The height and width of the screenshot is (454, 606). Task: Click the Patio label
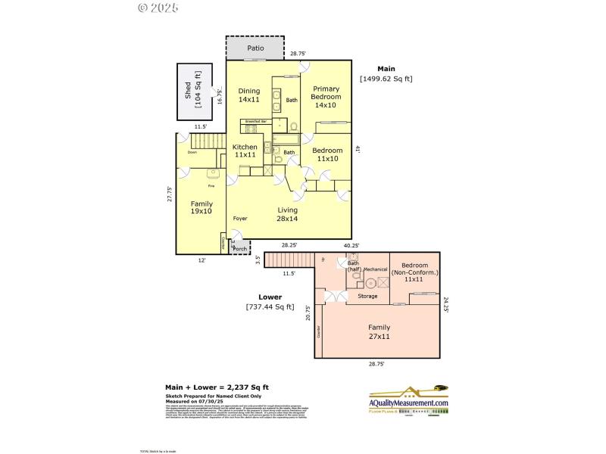pyautogui.click(x=255, y=48)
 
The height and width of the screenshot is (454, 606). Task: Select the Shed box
pyautogui.click(x=193, y=91)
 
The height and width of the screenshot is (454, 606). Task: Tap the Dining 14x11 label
pyautogui.click(x=249, y=95)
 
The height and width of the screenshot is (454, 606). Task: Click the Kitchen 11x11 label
pyautogui.click(x=245, y=151)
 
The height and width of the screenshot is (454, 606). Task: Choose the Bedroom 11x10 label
pyautogui.click(x=327, y=154)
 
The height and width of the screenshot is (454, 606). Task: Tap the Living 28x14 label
pyautogui.click(x=287, y=214)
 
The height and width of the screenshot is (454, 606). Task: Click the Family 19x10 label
pyautogui.click(x=201, y=207)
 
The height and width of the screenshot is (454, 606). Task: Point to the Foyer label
pyautogui.click(x=240, y=219)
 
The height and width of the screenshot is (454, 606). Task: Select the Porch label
pyautogui.click(x=239, y=248)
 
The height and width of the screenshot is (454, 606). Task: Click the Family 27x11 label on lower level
pyautogui.click(x=379, y=331)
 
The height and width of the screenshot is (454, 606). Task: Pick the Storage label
pyautogui.click(x=367, y=297)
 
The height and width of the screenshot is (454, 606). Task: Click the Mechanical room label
pyautogui.click(x=375, y=269)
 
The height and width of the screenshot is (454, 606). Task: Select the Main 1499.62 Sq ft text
pyautogui.click(x=386, y=73)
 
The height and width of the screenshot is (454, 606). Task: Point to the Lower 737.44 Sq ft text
pyautogui.click(x=270, y=302)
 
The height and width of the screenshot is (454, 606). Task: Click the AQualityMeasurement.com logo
pyautogui.click(x=408, y=401)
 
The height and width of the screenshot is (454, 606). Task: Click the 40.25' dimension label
pyautogui.click(x=351, y=245)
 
